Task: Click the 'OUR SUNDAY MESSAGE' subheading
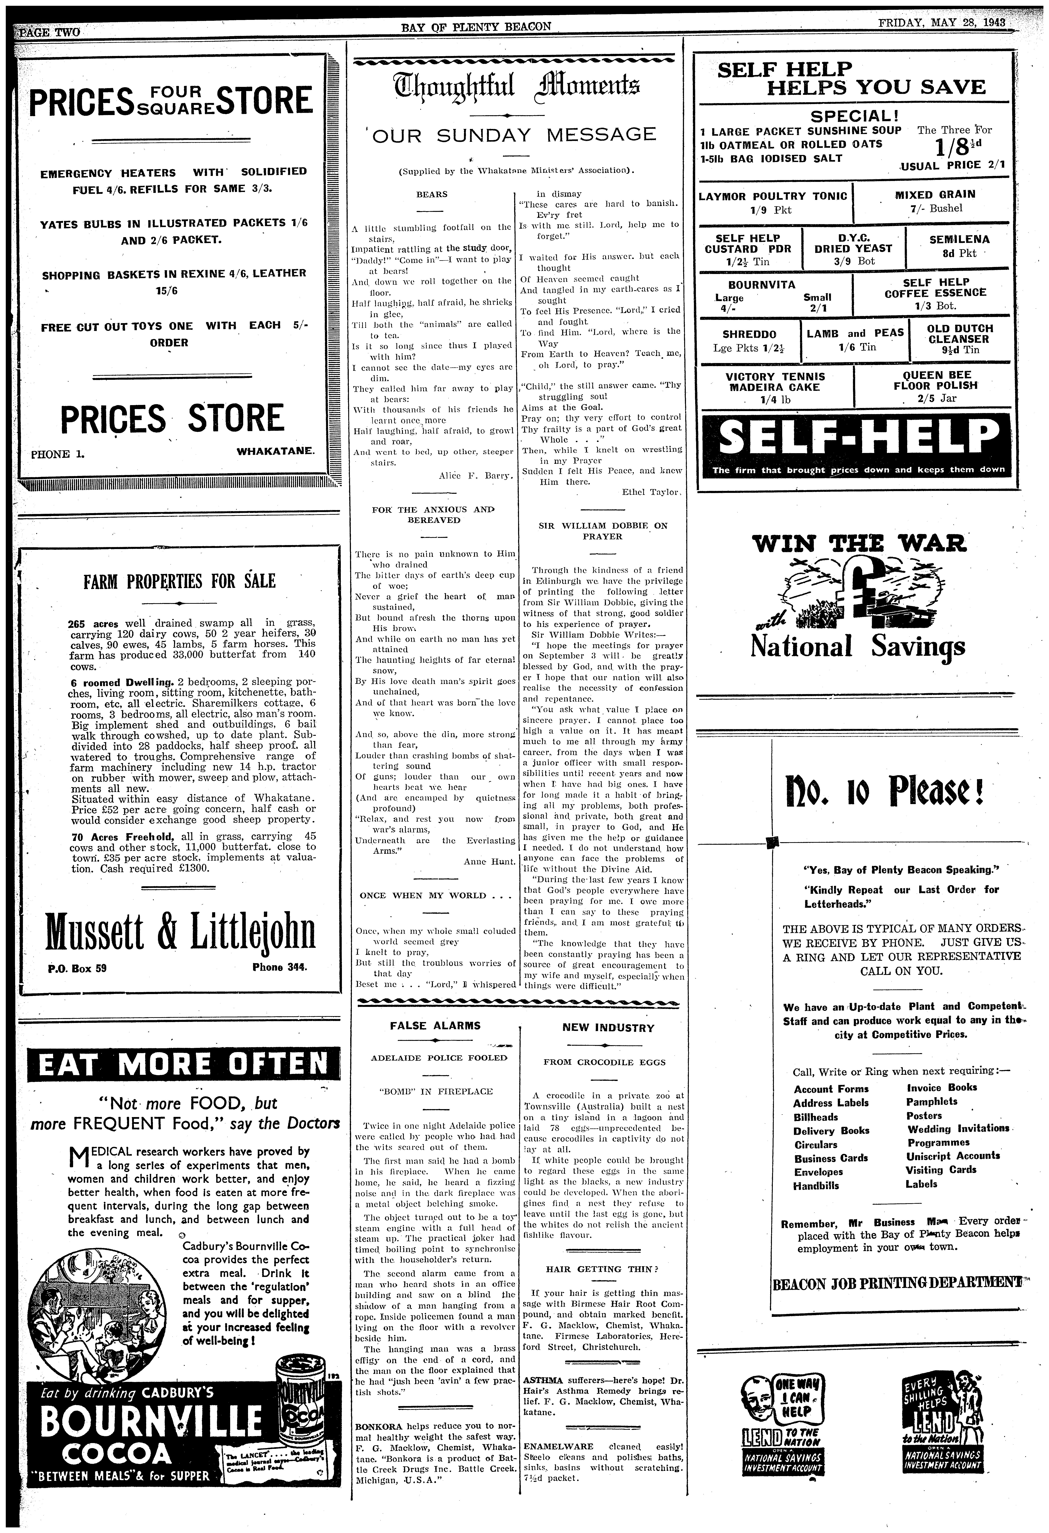click(516, 135)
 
